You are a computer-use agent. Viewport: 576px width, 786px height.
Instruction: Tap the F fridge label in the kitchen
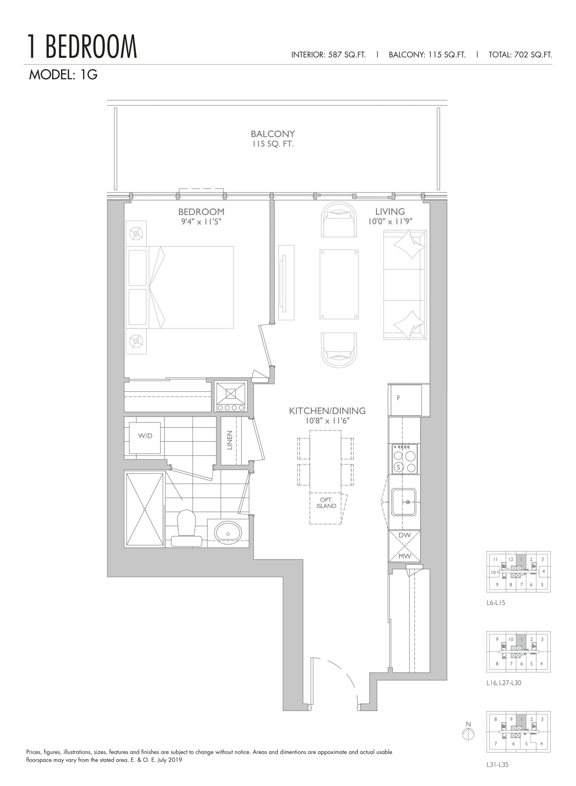point(399,398)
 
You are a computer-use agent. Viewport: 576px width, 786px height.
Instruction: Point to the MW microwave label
point(404,556)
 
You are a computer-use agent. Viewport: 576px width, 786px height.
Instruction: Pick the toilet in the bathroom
point(187,528)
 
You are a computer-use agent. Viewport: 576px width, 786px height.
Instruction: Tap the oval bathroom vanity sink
point(228,534)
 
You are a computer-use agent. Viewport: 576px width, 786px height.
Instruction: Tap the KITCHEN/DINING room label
point(327,411)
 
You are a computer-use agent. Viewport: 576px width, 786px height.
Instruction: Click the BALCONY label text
point(273,134)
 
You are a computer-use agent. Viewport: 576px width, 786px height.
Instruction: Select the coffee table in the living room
point(339,284)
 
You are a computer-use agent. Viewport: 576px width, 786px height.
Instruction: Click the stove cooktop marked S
point(404,459)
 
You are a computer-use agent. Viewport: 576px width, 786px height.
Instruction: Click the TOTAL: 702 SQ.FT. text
point(520,55)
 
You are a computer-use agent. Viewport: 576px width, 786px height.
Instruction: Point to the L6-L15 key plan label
point(496,603)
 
